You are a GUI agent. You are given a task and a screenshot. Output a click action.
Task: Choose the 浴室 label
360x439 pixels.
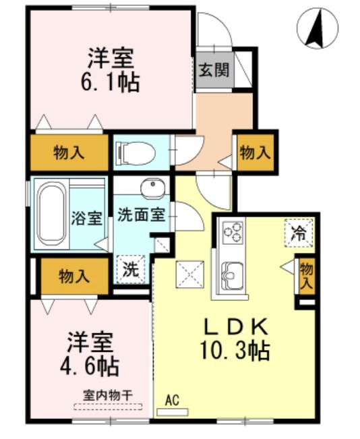click(x=87, y=218)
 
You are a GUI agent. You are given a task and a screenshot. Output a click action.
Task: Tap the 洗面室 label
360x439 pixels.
click(x=141, y=216)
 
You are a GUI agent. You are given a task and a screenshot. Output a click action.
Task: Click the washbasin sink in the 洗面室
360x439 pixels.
click(x=152, y=187)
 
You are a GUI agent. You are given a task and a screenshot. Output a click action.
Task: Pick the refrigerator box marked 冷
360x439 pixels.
click(x=297, y=234)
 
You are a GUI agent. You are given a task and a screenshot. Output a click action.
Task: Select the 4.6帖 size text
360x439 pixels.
click(x=92, y=366)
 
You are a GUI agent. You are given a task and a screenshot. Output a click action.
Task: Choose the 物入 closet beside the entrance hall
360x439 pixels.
click(x=255, y=153)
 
